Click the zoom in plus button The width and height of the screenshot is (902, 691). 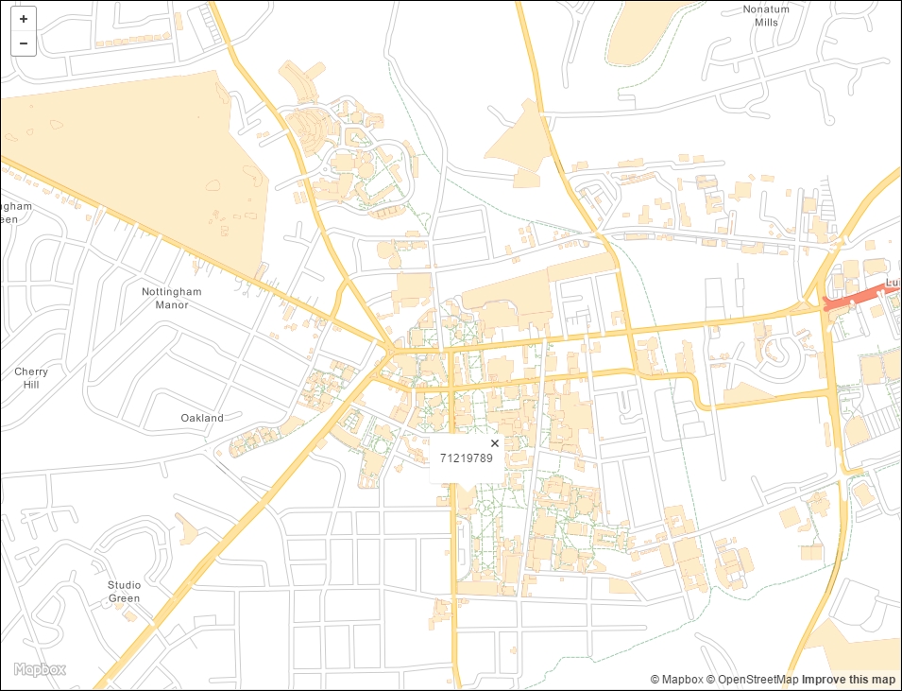click(x=23, y=19)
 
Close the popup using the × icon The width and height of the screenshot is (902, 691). click(x=494, y=443)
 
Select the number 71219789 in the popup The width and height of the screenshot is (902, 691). click(x=467, y=458)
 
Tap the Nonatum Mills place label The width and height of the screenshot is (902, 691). click(x=766, y=16)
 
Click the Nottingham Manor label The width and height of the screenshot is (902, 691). click(x=172, y=299)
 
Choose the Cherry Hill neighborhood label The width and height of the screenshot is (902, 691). click(x=31, y=378)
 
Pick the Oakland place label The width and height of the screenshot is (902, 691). click(x=202, y=418)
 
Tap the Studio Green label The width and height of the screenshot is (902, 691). click(x=124, y=592)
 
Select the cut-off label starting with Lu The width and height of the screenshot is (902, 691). click(x=893, y=283)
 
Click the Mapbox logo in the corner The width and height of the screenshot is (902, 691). click(x=40, y=670)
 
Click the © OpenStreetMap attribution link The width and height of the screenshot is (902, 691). click(x=753, y=680)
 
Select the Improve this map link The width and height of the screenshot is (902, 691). click(x=848, y=680)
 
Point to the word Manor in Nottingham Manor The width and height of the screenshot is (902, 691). click(x=172, y=305)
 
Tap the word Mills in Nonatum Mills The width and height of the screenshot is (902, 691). click(x=766, y=23)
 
